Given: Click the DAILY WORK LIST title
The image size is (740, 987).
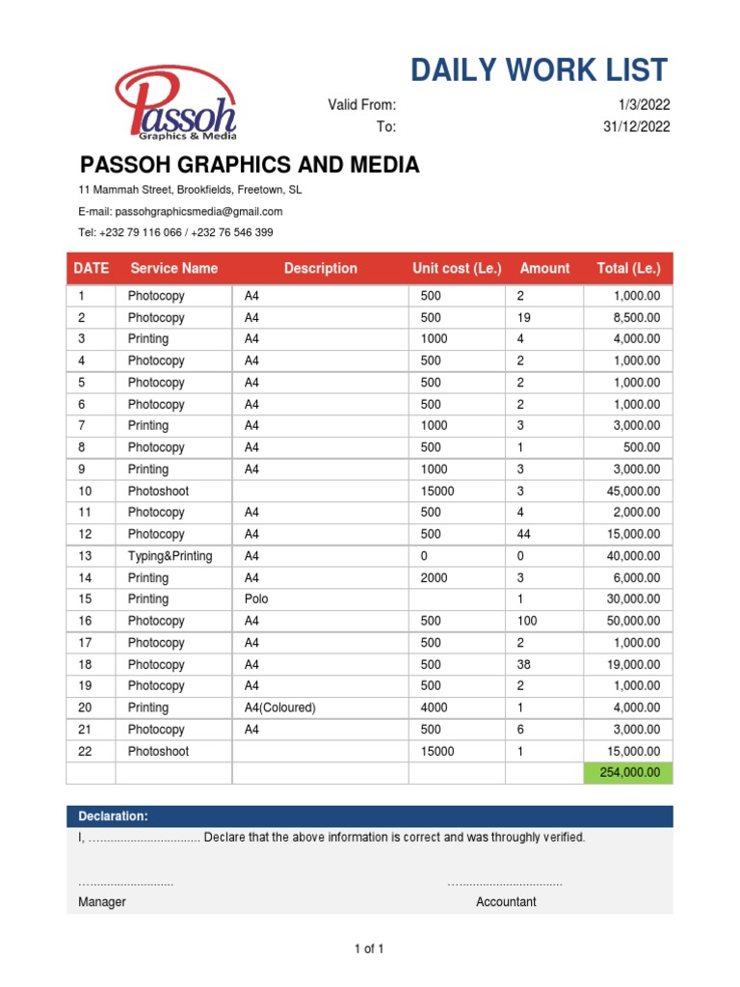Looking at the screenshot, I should [x=539, y=70].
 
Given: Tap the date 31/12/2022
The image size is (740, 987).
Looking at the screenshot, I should [x=636, y=126].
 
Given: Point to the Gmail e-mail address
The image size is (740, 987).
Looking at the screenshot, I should [x=198, y=211].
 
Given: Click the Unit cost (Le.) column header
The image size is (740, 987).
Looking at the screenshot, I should [x=457, y=268].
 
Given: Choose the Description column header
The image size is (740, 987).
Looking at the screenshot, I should [x=320, y=268].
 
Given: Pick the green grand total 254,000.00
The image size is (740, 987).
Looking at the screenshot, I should [x=627, y=773].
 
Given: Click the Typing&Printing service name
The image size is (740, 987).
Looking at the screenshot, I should [x=171, y=556].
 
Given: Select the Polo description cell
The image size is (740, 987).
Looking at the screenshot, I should [x=256, y=599].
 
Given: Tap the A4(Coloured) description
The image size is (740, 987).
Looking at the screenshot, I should [x=280, y=707].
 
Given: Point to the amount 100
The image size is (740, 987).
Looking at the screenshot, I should [x=527, y=621].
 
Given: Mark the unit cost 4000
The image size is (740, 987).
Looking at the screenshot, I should [x=436, y=707].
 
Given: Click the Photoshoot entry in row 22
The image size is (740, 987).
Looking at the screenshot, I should [x=158, y=751].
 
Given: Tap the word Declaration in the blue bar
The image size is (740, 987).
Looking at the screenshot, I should [x=113, y=816].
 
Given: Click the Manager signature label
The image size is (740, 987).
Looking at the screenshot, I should [x=102, y=902].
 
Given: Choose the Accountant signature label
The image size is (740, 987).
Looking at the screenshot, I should [x=506, y=902].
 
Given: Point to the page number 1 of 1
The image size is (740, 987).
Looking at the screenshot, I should [x=370, y=949].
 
